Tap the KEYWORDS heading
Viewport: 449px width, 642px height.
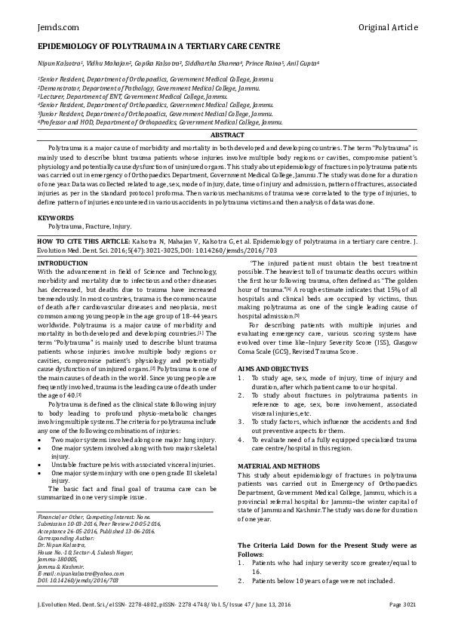tap(56, 217)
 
